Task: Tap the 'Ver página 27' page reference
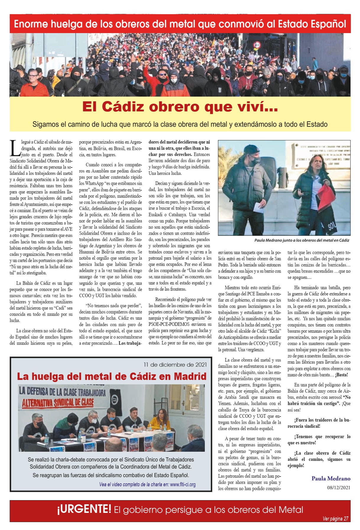click(335, 519)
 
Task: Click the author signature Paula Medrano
click(331, 479)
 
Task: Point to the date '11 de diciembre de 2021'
click(175, 365)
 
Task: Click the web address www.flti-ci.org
click(183, 485)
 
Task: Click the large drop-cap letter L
click(15, 148)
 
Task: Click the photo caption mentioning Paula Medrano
click(301, 240)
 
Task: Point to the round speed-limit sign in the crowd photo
click(257, 45)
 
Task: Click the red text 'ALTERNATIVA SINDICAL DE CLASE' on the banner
click(58, 402)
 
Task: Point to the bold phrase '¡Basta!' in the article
click(341, 375)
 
